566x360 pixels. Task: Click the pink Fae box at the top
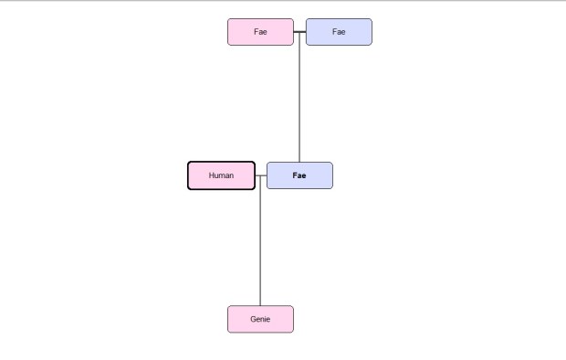click(260, 32)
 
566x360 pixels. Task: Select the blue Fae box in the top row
click(339, 32)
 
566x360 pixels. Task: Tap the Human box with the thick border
click(221, 175)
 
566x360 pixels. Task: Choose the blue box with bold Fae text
click(299, 175)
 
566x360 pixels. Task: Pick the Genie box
click(260, 319)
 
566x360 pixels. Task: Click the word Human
click(221, 175)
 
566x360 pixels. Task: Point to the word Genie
click(260, 319)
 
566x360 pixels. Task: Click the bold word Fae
click(299, 175)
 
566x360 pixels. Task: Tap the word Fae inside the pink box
click(260, 32)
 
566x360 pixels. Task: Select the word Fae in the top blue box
click(339, 32)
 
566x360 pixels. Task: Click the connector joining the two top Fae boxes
click(299, 32)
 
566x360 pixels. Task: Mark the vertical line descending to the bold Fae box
click(299, 101)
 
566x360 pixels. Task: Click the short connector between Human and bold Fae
click(260, 175)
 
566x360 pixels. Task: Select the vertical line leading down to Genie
click(260, 242)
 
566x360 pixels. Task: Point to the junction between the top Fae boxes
click(299, 32)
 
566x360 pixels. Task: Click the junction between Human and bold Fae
click(260, 175)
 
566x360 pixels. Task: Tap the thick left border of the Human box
click(189, 175)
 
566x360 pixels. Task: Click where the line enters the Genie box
click(260, 306)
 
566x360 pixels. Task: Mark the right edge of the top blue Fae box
click(372, 32)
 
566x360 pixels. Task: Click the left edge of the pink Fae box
click(228, 32)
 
